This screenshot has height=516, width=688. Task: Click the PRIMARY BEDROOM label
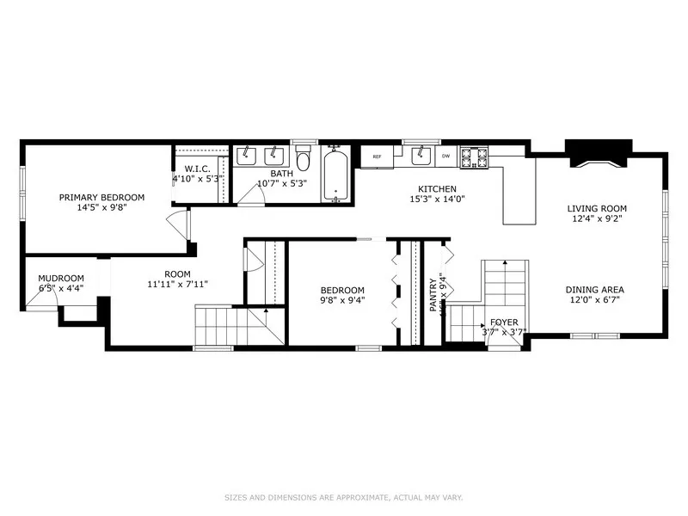pyautogui.click(x=101, y=197)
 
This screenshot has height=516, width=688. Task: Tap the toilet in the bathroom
pyautogui.click(x=303, y=161)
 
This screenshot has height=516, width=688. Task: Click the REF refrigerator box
pyautogui.click(x=377, y=157)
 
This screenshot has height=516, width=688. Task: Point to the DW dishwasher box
pyautogui.click(x=445, y=157)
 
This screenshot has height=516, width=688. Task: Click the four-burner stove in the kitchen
pyautogui.click(x=474, y=157)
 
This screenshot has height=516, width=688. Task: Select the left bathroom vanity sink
pyautogui.click(x=247, y=155)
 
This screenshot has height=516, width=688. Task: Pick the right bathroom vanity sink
pyautogui.click(x=274, y=155)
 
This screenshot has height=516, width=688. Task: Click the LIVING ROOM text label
pyautogui.click(x=596, y=208)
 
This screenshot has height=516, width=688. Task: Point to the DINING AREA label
pyautogui.click(x=594, y=289)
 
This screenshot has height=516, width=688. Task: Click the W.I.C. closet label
pyautogui.click(x=198, y=169)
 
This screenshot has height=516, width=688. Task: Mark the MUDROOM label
pyautogui.click(x=60, y=278)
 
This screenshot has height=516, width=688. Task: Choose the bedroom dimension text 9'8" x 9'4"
pyautogui.click(x=342, y=301)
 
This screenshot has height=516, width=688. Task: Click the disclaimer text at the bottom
pyautogui.click(x=343, y=496)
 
